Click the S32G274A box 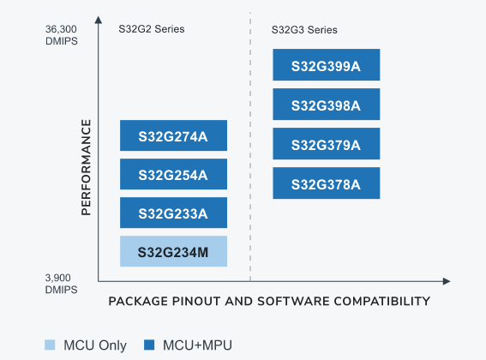(x=174, y=135)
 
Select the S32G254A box (x=174, y=174)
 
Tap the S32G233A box (x=174, y=213)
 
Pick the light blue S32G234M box (x=174, y=251)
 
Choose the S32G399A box (x=326, y=66)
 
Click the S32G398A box (x=326, y=105)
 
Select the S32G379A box (x=326, y=144)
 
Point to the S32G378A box (x=326, y=183)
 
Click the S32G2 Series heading (x=152, y=29)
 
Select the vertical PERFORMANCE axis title (x=86, y=167)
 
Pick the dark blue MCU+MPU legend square (x=148, y=345)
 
